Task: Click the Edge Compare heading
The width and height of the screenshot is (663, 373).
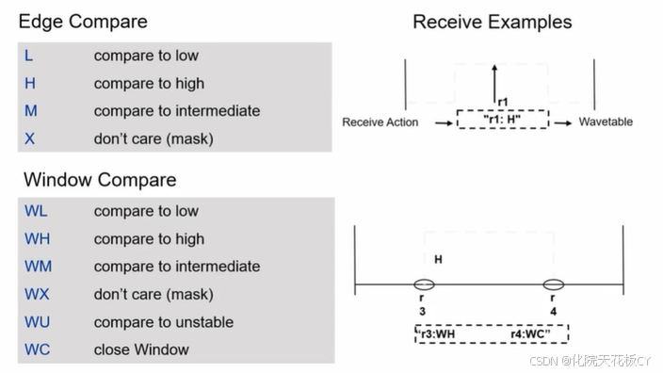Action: tap(83, 22)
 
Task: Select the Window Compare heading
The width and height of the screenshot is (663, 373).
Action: tap(100, 180)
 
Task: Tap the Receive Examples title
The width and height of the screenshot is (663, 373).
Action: tap(493, 22)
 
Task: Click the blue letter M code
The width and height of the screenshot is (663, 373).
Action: tap(31, 111)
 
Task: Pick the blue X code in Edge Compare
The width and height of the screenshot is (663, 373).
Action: tap(29, 138)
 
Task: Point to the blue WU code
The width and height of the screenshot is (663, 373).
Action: tap(38, 322)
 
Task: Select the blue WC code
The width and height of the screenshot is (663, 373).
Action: tap(38, 349)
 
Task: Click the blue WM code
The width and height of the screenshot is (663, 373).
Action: tap(38, 267)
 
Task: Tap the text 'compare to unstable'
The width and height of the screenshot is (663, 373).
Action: tap(164, 322)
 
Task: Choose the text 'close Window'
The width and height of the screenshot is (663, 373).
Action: tap(141, 349)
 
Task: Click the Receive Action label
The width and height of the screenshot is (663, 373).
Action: tap(380, 122)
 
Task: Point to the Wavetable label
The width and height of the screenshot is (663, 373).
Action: tap(606, 122)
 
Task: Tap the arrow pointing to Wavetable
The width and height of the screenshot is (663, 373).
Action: tap(563, 123)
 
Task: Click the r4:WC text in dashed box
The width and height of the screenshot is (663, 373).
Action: tap(530, 334)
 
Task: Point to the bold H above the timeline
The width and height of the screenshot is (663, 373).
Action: tap(439, 260)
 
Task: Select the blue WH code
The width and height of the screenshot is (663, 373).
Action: tap(38, 239)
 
